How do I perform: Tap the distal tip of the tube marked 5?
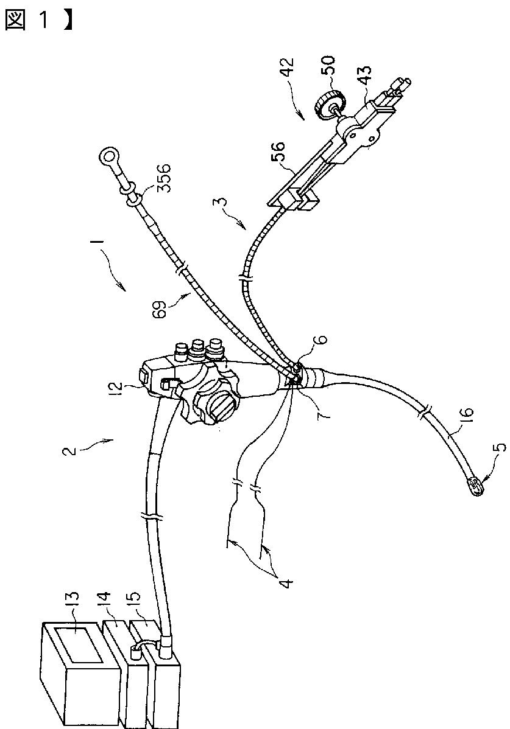coord(475,487)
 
